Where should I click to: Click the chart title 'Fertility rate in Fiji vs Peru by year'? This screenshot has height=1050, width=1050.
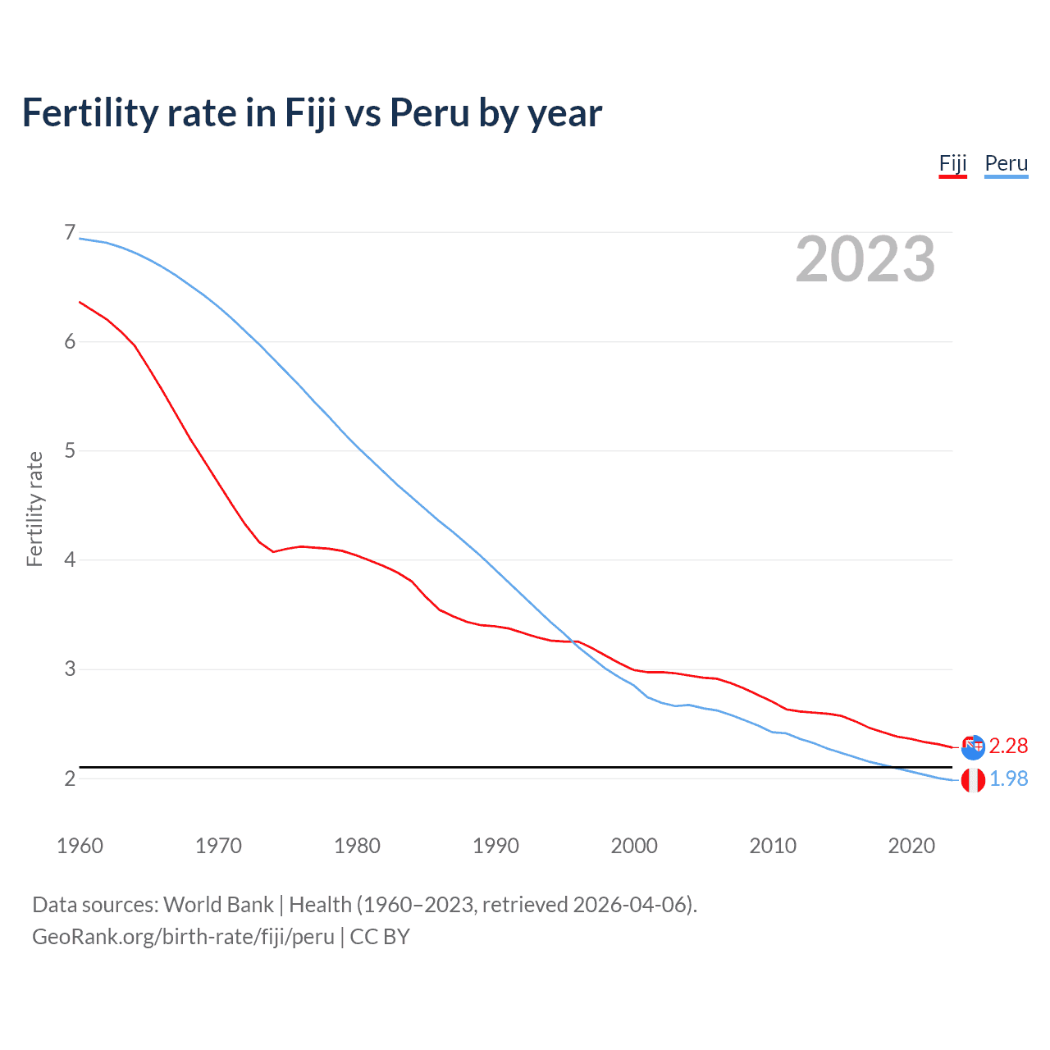tap(312, 112)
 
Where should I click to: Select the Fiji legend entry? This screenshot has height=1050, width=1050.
tap(952, 163)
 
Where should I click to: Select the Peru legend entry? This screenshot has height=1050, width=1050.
tap(1006, 163)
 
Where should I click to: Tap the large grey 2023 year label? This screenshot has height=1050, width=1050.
tap(865, 259)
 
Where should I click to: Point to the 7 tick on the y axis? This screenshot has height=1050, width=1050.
tap(70, 233)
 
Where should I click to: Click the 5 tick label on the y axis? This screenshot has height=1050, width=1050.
tap(70, 451)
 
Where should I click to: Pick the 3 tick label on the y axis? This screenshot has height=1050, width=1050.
tap(70, 669)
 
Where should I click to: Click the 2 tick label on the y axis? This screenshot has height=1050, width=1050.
tap(70, 778)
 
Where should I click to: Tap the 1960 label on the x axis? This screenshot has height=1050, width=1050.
tap(80, 846)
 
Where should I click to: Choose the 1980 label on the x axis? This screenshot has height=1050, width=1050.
tap(357, 846)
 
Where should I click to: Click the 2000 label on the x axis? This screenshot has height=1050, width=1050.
tap(634, 846)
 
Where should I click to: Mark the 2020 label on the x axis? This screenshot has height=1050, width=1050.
tap(911, 846)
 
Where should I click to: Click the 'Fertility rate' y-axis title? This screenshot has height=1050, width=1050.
tap(34, 509)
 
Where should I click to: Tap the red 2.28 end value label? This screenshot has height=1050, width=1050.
tap(1008, 746)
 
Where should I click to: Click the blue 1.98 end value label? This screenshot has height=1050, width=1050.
tap(1008, 778)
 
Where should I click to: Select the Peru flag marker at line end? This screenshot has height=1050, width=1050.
tap(973, 780)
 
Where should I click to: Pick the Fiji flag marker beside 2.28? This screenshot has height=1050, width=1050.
tap(973, 746)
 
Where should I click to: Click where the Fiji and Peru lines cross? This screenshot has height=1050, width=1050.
tap(571, 641)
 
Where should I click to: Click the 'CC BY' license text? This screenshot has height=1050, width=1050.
tap(379, 937)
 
